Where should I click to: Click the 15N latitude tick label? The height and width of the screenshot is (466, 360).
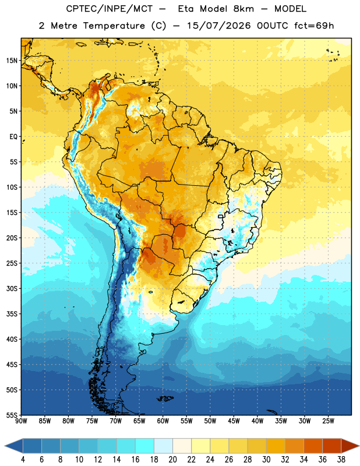pyautogui.click(x=12, y=61)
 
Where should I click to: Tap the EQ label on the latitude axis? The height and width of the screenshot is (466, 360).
pyautogui.click(x=13, y=137)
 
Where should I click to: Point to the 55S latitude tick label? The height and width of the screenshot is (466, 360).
pyautogui.click(x=12, y=415)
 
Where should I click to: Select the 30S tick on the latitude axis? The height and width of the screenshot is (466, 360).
pyautogui.click(x=12, y=288)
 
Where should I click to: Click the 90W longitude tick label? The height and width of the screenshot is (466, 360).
pyautogui.click(x=21, y=421)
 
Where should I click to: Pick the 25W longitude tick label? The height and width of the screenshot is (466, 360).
pyautogui.click(x=328, y=421)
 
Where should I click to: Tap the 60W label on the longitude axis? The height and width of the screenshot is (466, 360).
pyautogui.click(x=163, y=421)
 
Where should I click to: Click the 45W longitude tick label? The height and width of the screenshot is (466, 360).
pyautogui.click(x=234, y=421)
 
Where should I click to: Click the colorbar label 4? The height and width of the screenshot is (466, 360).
pyautogui.click(x=23, y=460)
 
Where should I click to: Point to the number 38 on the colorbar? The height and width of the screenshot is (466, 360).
pyautogui.click(x=341, y=460)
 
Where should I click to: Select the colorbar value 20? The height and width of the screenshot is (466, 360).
pyautogui.click(x=172, y=460)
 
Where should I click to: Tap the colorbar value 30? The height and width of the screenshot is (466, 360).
pyautogui.click(x=266, y=460)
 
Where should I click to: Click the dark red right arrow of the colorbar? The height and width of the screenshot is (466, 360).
pyautogui.click(x=350, y=446)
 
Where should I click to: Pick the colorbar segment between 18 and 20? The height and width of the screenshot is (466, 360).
pyautogui.click(x=163, y=446)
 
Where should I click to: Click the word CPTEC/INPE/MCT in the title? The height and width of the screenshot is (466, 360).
pyautogui.click(x=109, y=9)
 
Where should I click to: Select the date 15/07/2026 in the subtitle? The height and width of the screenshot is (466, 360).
pyautogui.click(x=219, y=26)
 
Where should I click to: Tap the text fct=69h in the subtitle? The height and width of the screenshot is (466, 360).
pyautogui.click(x=314, y=26)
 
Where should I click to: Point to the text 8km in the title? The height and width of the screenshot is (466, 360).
pyautogui.click(x=243, y=9)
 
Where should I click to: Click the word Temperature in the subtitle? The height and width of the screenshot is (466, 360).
pyautogui.click(x=114, y=26)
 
